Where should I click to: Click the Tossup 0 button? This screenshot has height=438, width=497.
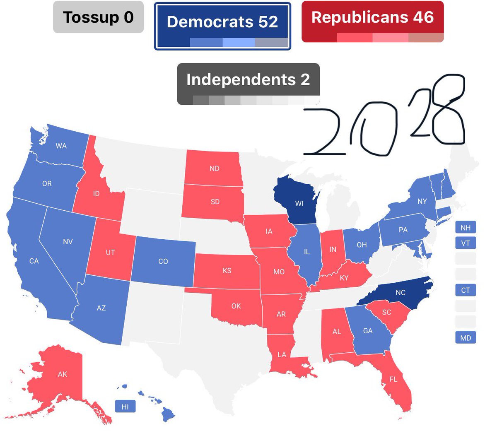[98, 17]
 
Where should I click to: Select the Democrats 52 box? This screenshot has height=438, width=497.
[222, 26]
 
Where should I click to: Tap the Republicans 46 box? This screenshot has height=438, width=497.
[372, 21]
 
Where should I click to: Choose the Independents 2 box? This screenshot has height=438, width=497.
[248, 83]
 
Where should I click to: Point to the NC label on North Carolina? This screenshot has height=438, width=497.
[400, 293]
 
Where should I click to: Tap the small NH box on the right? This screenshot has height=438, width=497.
[466, 228]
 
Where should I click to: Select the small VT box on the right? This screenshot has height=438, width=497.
[466, 243]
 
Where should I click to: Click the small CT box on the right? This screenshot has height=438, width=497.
[466, 290]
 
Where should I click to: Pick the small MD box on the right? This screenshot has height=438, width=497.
[466, 338]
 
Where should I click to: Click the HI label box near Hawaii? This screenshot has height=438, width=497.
[125, 407]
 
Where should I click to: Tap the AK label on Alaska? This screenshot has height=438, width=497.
[62, 374]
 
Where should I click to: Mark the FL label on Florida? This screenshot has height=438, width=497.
[393, 379]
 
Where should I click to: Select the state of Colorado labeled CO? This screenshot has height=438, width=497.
[163, 261]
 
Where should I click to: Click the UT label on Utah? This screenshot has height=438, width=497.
[110, 252]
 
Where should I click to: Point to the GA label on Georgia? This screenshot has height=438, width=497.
[368, 331]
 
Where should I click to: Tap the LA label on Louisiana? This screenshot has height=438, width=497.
[282, 354]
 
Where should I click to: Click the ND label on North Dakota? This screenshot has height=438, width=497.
[214, 168]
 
